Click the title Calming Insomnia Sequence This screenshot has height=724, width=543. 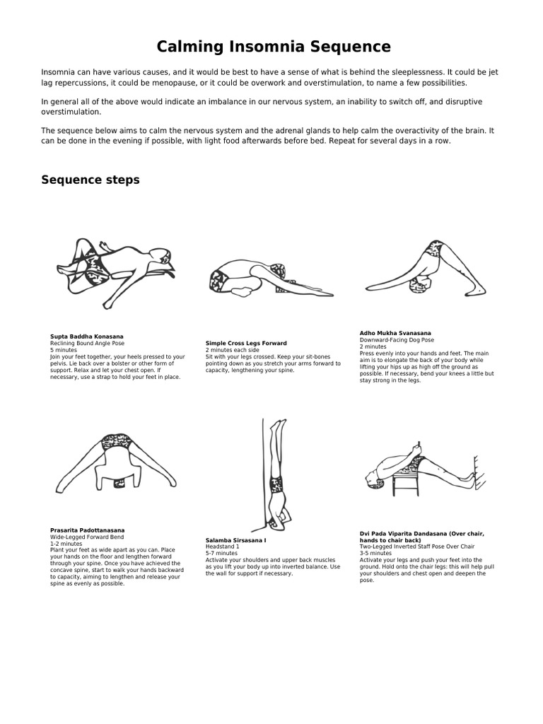[x=273, y=47]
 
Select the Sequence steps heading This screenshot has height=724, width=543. [x=90, y=180]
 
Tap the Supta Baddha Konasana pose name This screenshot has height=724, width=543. [x=87, y=337]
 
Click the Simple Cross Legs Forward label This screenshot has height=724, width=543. [x=246, y=343]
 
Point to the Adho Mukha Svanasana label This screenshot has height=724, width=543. [x=395, y=333]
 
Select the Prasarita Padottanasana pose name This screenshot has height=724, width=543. [x=88, y=530]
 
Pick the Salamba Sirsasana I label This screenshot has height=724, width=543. [x=236, y=540]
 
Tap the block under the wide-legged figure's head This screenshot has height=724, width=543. [x=118, y=484]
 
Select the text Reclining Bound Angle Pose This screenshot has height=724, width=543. [x=87, y=344]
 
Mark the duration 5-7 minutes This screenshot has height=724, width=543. [x=221, y=554]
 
